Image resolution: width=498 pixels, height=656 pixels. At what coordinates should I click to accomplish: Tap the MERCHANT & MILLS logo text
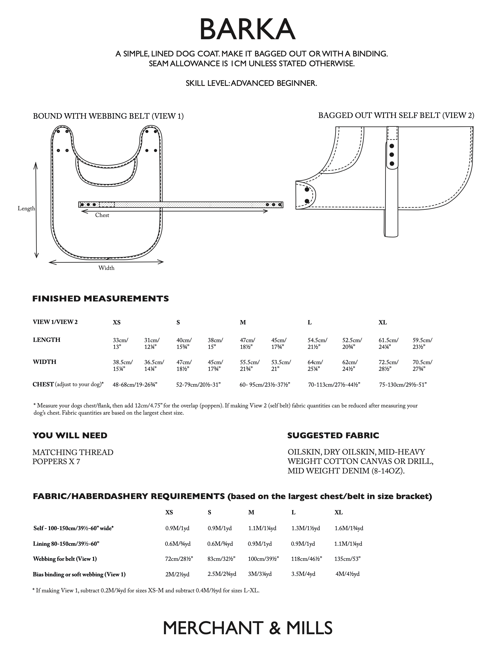[x=248, y=628]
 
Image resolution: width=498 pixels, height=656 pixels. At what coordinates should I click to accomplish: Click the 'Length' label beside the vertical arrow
[x=26, y=208]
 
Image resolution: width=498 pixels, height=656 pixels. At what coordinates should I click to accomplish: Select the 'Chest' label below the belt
[x=102, y=215]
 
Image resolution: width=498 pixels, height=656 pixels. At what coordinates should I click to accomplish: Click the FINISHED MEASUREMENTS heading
[x=100, y=299]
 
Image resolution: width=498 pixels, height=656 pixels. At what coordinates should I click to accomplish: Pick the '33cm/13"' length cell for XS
[x=120, y=343]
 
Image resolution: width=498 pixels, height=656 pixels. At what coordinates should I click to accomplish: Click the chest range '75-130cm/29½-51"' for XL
[x=403, y=385]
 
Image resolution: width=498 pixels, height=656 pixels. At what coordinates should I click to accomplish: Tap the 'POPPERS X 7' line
[x=56, y=461]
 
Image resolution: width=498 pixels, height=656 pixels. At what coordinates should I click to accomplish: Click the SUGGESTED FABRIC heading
[x=333, y=436]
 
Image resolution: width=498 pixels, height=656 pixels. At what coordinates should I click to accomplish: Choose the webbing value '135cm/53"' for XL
[x=347, y=559]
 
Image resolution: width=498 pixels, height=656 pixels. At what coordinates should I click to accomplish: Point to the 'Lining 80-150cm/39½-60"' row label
[x=66, y=544]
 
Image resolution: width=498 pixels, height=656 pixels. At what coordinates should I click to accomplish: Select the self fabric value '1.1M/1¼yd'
[x=262, y=528]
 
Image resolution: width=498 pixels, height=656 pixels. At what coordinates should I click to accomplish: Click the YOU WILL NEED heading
[x=70, y=436]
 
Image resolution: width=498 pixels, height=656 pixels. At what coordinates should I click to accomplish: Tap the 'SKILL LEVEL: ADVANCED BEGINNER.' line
[x=251, y=83]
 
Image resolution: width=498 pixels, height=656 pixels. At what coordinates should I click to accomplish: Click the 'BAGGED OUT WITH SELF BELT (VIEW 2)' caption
[x=396, y=115]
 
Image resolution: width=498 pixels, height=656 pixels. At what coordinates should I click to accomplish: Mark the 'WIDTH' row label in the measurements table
[x=44, y=362]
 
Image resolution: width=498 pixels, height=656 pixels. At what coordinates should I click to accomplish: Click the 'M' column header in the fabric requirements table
[x=251, y=512]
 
